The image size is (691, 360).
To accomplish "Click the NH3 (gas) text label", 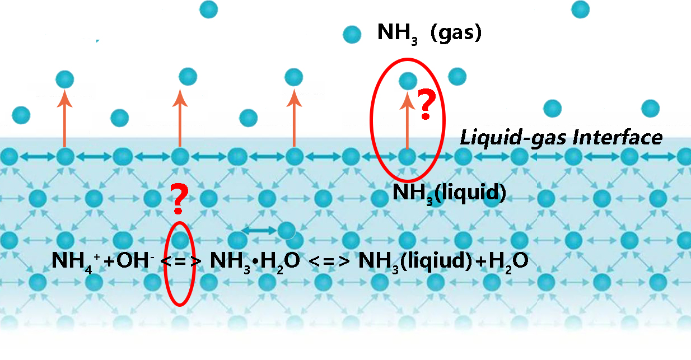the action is tap(429, 33).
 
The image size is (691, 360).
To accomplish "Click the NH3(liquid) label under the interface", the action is tap(449, 193).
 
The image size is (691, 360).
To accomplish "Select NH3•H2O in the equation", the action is tap(255, 261).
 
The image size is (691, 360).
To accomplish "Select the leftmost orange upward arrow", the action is tap(66, 120).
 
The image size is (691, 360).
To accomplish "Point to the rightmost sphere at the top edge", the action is tap(580, 8).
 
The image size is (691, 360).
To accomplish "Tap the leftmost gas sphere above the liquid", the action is tap(21, 115).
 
